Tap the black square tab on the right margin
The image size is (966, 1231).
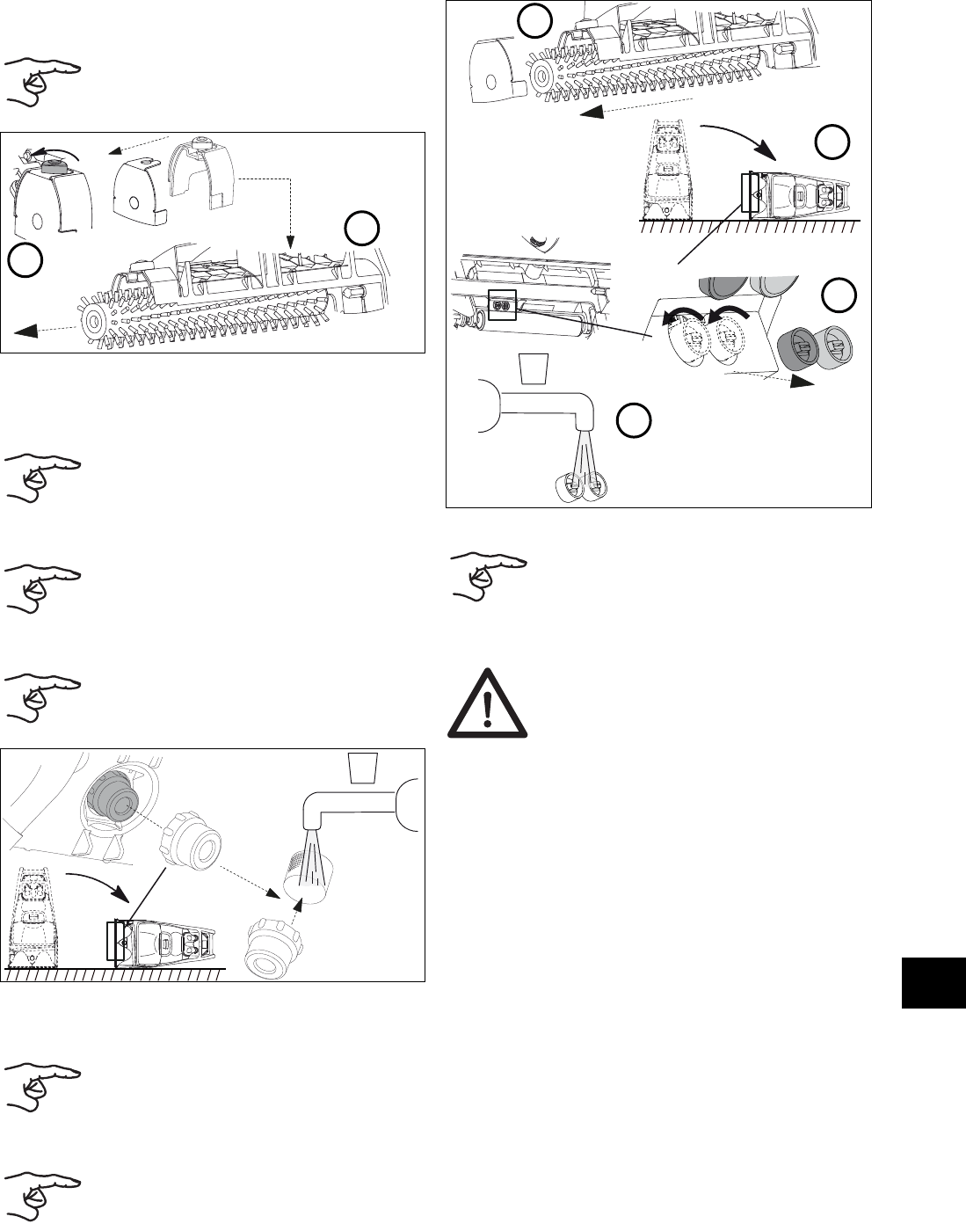pos(933,984)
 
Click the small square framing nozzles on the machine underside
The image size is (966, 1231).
pos(501,306)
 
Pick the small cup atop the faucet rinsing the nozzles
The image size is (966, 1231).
pos(534,368)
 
